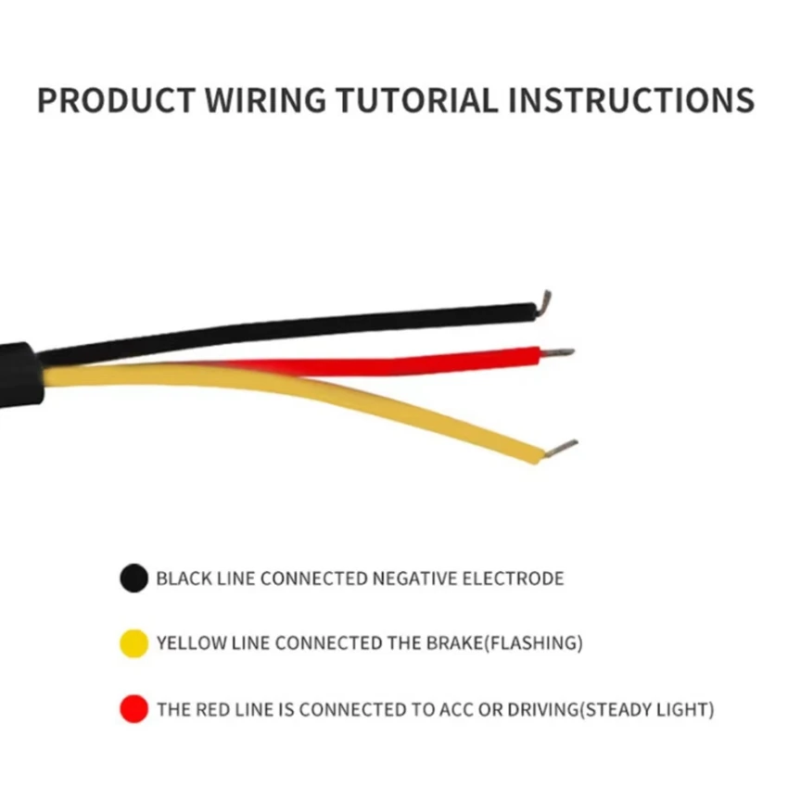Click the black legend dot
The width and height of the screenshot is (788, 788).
point(133,578)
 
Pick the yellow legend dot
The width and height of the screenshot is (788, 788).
point(133,642)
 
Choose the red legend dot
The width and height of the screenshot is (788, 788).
point(133,710)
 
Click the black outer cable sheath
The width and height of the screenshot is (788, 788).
point(19,375)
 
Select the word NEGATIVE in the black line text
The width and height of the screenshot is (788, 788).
point(416,578)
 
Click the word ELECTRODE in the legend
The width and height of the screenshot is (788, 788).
point(515,578)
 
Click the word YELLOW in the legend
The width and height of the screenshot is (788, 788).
point(190,642)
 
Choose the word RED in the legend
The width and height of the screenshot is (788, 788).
point(211,711)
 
